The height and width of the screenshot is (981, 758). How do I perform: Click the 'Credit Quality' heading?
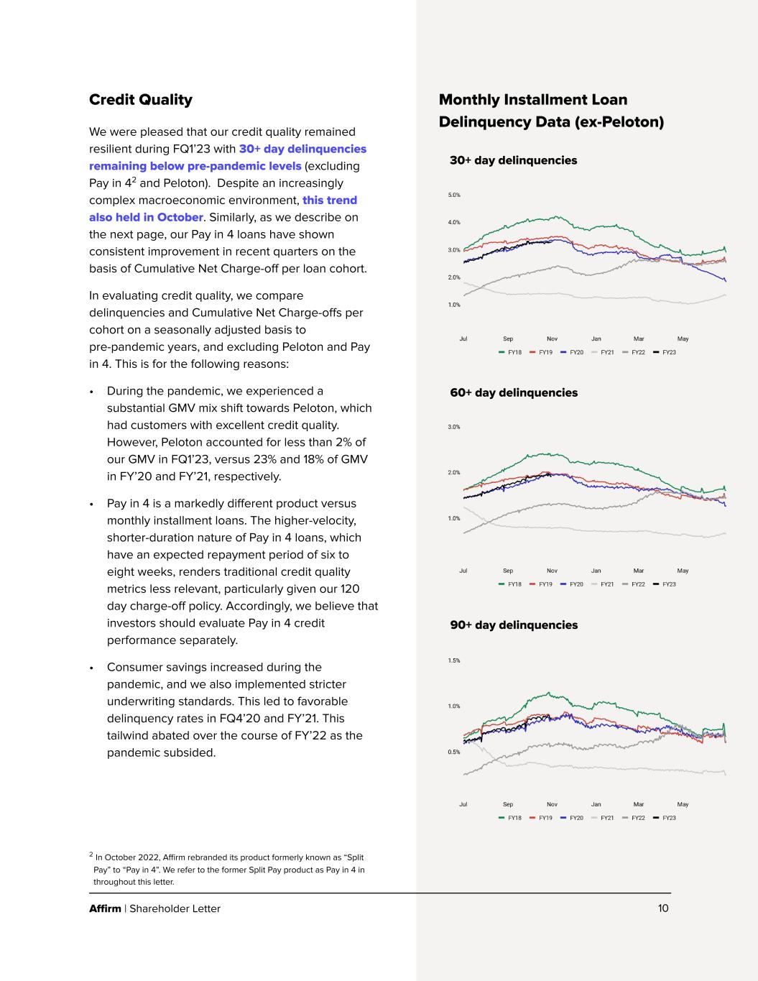click(x=140, y=100)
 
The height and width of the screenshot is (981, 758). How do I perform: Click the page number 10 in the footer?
click(x=663, y=908)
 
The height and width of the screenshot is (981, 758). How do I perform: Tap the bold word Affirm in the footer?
click(x=105, y=908)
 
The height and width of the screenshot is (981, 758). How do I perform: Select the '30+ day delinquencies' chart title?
click(x=513, y=160)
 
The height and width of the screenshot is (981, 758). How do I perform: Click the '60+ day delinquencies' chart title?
click(x=513, y=392)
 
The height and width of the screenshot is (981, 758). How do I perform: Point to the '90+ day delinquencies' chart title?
click(x=513, y=625)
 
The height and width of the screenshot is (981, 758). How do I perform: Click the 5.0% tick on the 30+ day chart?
click(x=454, y=195)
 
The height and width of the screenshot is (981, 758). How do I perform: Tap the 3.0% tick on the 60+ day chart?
click(x=454, y=427)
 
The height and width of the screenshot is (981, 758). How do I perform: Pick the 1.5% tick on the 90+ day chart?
click(x=454, y=660)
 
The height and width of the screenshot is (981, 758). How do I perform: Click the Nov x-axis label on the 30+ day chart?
click(x=552, y=338)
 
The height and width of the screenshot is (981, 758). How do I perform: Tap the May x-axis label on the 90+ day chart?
click(x=683, y=804)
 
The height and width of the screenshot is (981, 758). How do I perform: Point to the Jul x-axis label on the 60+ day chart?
click(x=463, y=571)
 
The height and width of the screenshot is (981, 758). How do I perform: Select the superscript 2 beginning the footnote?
click(x=91, y=855)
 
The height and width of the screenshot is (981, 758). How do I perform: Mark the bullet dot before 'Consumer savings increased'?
click(x=91, y=668)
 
